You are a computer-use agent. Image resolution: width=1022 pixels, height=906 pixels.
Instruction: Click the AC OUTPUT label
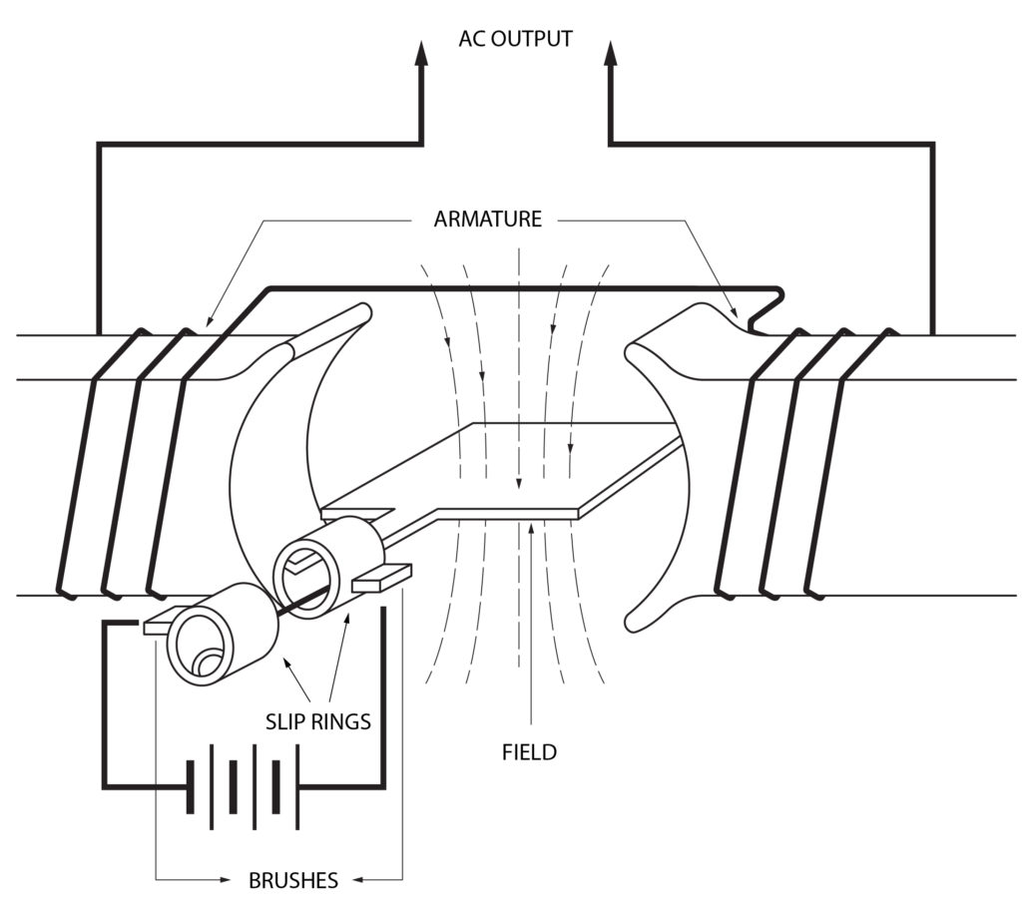coord(515,40)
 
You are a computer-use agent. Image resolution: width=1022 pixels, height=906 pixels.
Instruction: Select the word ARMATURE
coord(487,220)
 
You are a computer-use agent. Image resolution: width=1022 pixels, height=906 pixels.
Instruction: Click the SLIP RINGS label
coord(317,721)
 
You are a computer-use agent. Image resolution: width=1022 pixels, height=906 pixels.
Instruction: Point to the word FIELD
coord(529,752)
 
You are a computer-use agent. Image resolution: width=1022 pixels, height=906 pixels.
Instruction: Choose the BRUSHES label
coord(292,880)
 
